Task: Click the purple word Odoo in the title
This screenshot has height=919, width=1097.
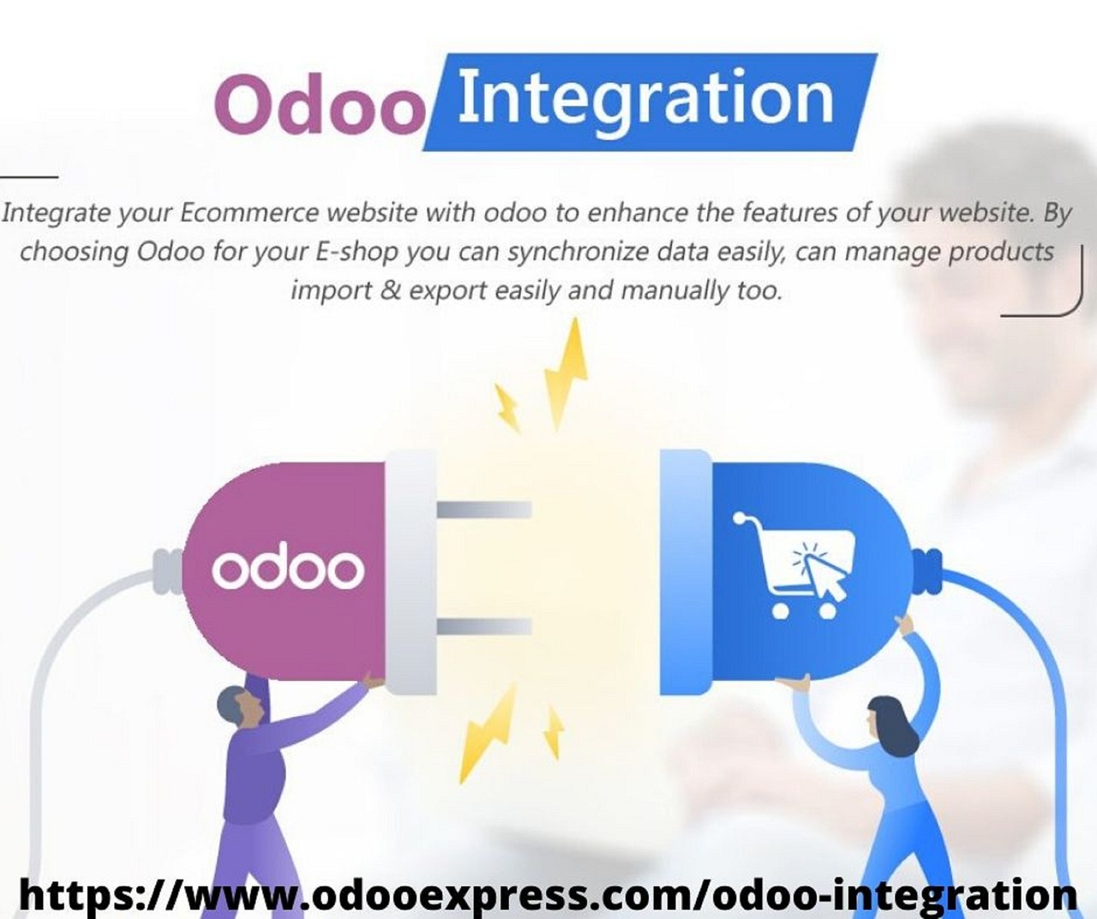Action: point(320,104)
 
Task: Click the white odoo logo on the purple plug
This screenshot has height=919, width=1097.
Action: point(288,569)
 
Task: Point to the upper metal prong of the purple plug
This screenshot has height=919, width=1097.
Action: point(484,510)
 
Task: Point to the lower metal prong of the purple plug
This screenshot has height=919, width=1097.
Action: point(484,626)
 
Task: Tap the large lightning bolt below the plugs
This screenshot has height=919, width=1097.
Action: point(486,734)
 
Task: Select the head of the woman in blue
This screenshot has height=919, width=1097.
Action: point(890,720)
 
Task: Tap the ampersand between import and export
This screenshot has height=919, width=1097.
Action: point(389,290)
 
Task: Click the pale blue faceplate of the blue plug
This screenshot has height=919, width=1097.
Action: point(685,572)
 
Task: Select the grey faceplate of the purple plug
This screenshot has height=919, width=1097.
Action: point(411,572)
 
